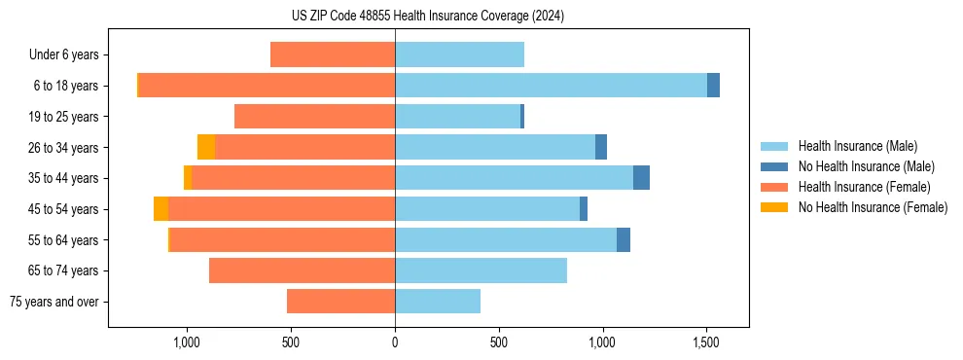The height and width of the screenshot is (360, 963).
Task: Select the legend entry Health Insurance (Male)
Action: click(x=857, y=146)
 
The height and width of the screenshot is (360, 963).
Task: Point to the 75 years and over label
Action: click(x=53, y=302)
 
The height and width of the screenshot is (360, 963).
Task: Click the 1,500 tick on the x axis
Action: click(x=706, y=342)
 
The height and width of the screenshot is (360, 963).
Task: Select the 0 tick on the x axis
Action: click(x=395, y=342)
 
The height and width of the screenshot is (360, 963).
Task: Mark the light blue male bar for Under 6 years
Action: click(x=459, y=54)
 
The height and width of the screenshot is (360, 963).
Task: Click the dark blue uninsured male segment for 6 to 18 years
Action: click(x=713, y=86)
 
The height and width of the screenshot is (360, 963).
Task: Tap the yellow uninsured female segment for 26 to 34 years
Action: click(x=206, y=147)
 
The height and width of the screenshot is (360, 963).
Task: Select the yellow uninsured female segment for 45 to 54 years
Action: click(x=160, y=209)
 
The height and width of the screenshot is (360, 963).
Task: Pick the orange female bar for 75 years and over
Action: click(x=340, y=302)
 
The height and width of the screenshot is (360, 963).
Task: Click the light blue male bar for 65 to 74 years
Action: click(x=481, y=270)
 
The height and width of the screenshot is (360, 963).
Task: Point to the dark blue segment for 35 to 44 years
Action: click(x=641, y=178)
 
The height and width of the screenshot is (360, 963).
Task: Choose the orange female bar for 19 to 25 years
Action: click(x=314, y=117)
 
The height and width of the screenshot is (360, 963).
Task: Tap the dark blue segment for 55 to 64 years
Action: click(x=624, y=239)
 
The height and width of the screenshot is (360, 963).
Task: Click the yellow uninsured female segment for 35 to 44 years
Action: click(x=188, y=178)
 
